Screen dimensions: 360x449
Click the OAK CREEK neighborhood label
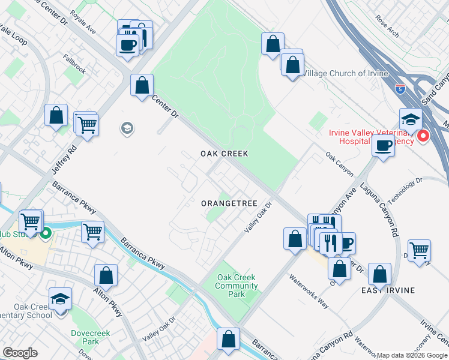click(224, 154)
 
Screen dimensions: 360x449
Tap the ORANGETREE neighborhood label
click(229, 203)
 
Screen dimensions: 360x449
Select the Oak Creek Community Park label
click(237, 286)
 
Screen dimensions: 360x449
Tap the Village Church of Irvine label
click(345, 73)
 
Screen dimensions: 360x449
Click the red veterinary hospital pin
click(423, 136)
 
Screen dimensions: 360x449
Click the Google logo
click(20, 353)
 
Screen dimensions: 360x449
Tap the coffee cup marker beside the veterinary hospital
click(382, 145)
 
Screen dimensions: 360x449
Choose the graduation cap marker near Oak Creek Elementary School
click(61, 299)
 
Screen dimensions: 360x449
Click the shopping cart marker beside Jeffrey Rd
click(88, 126)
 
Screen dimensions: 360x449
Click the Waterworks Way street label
click(309, 291)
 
